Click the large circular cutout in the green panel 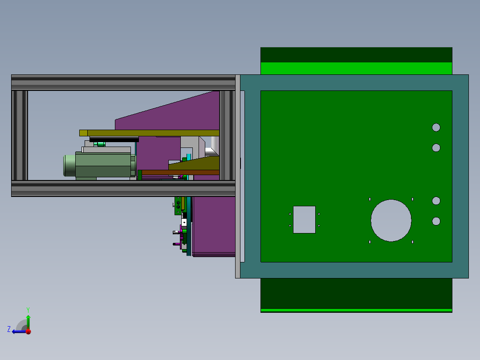(391, 221)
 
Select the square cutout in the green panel (304, 220)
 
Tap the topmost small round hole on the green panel (436, 127)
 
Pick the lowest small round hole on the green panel (436, 221)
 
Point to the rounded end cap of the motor (69, 165)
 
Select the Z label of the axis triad (9, 329)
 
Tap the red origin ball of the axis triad (28, 331)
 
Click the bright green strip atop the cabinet (356, 68)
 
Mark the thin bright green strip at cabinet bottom (356, 310)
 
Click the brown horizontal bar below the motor (180, 172)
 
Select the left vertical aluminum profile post (20, 135)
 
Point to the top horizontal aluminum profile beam (123, 82)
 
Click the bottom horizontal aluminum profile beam (123, 188)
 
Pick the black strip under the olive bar (114, 139)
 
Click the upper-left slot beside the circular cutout (370, 199)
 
